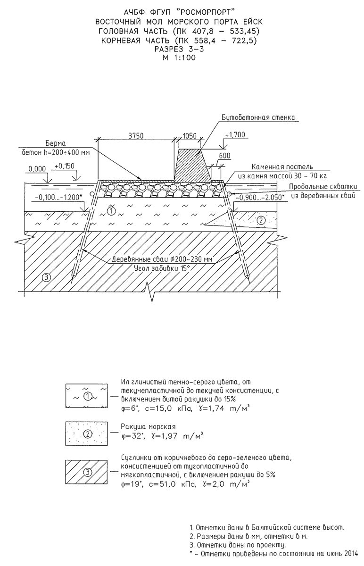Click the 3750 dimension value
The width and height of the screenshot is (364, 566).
pos(136,135)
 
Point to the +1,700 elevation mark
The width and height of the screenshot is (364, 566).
pos(235,135)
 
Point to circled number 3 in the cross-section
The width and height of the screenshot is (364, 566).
pos(46,277)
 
